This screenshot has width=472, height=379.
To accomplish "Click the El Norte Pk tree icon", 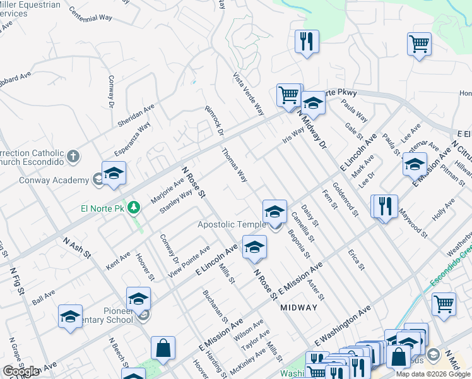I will click(x=133, y=208).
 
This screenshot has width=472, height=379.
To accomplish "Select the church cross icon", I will click(x=73, y=156).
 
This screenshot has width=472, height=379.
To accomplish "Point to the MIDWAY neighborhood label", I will click(x=298, y=307).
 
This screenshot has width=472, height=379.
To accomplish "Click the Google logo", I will click(x=21, y=371).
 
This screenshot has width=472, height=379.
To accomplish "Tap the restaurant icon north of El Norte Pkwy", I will click(x=307, y=42).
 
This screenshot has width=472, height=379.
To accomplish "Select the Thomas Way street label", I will click(x=233, y=165).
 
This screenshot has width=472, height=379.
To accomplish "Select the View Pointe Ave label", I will click(x=189, y=263).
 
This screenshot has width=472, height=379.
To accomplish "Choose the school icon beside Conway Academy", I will click(x=114, y=174).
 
